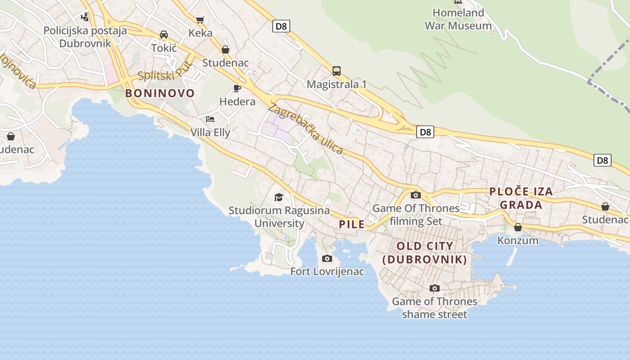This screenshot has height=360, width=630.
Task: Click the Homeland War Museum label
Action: coord(458,19)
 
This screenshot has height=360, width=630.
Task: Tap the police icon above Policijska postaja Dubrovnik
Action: coord(85,17)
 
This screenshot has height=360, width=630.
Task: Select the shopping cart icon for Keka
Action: coord(200,20)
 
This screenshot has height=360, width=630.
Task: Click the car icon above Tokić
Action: coord(164,35)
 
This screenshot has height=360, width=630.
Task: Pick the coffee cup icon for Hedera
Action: coord(237,88)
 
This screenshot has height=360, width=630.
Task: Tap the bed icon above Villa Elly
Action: coord(210,119)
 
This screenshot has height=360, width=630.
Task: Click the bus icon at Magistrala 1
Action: coord(336,71)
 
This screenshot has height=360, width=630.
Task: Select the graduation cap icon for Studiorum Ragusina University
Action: coord(279,197)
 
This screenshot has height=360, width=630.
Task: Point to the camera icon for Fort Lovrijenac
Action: coord(327,258)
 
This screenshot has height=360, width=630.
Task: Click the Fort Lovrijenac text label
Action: coord(327,272)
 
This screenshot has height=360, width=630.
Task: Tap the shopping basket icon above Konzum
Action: coord(517,227)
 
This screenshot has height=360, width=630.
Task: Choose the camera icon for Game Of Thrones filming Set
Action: coord(416,195)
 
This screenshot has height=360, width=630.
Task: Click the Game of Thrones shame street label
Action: coord(434,308)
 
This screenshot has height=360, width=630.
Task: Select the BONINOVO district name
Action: coord(160,94)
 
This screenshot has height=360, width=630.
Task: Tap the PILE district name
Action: coord(351,225)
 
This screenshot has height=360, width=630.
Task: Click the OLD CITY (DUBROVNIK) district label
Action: coord(425,253)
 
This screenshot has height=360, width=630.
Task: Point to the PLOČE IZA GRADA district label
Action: coord(521,198)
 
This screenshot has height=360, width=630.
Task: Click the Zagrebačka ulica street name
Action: coord(306,129)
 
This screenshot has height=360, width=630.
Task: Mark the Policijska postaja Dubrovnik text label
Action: coord(85,37)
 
